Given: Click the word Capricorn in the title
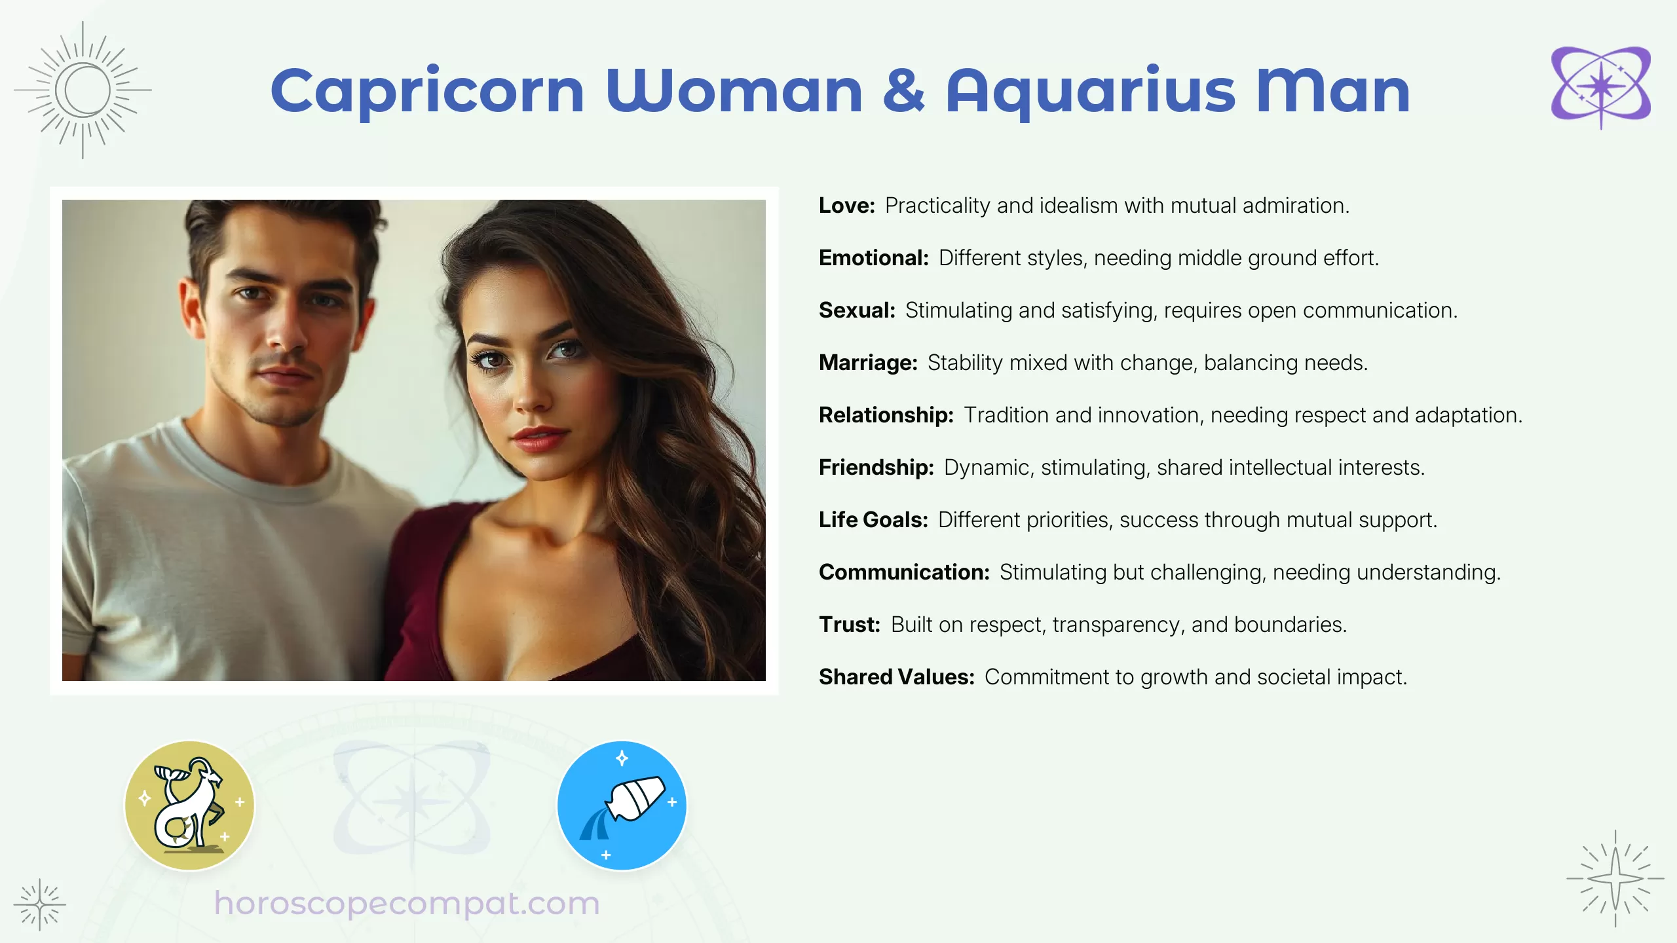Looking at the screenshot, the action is (x=427, y=91).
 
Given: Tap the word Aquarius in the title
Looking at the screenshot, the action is (x=1091, y=91).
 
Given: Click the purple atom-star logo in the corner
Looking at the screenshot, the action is (x=1600, y=87).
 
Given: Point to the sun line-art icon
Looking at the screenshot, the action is (x=83, y=90).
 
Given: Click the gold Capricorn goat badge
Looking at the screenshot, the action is (x=189, y=805).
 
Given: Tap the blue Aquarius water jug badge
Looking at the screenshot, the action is (x=622, y=805).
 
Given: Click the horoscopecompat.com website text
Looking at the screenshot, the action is (x=407, y=904).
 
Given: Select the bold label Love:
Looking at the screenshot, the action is (x=846, y=206).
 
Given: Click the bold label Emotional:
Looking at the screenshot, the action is (x=874, y=258).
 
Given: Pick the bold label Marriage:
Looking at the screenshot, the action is (x=868, y=363).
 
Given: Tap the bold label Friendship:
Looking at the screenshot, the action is (x=876, y=468).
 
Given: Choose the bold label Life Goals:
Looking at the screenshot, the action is (x=873, y=520).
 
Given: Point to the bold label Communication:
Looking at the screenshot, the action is (x=904, y=572).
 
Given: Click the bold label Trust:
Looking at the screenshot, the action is (x=850, y=625).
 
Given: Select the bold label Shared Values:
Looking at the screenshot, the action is (x=897, y=677).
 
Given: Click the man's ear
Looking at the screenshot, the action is (x=191, y=308).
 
